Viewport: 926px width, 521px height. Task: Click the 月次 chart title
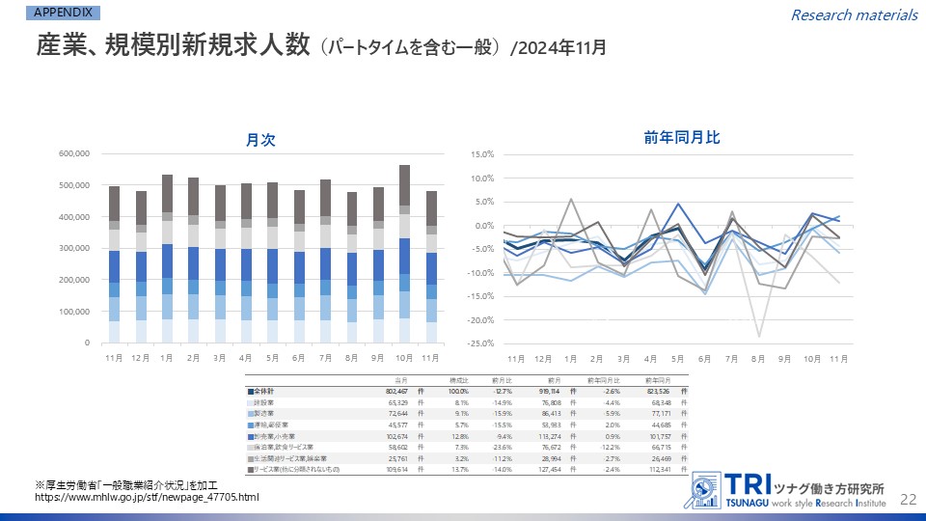coord(260,140)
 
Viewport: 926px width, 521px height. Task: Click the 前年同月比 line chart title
coord(682,138)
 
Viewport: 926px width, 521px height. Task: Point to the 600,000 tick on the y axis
coord(74,153)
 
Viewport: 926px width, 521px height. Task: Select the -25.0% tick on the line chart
coord(480,343)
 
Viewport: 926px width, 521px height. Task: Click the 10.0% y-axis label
coord(481,178)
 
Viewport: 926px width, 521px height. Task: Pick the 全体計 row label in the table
coord(270,392)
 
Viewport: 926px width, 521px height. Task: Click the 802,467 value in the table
coord(395,392)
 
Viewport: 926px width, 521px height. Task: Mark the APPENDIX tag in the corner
coord(63,14)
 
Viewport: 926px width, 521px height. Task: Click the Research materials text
coord(854,14)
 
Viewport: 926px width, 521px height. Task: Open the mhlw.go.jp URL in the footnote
coord(148,497)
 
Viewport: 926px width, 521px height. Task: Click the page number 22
coord(907,498)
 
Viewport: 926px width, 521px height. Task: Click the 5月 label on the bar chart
coord(272,358)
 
